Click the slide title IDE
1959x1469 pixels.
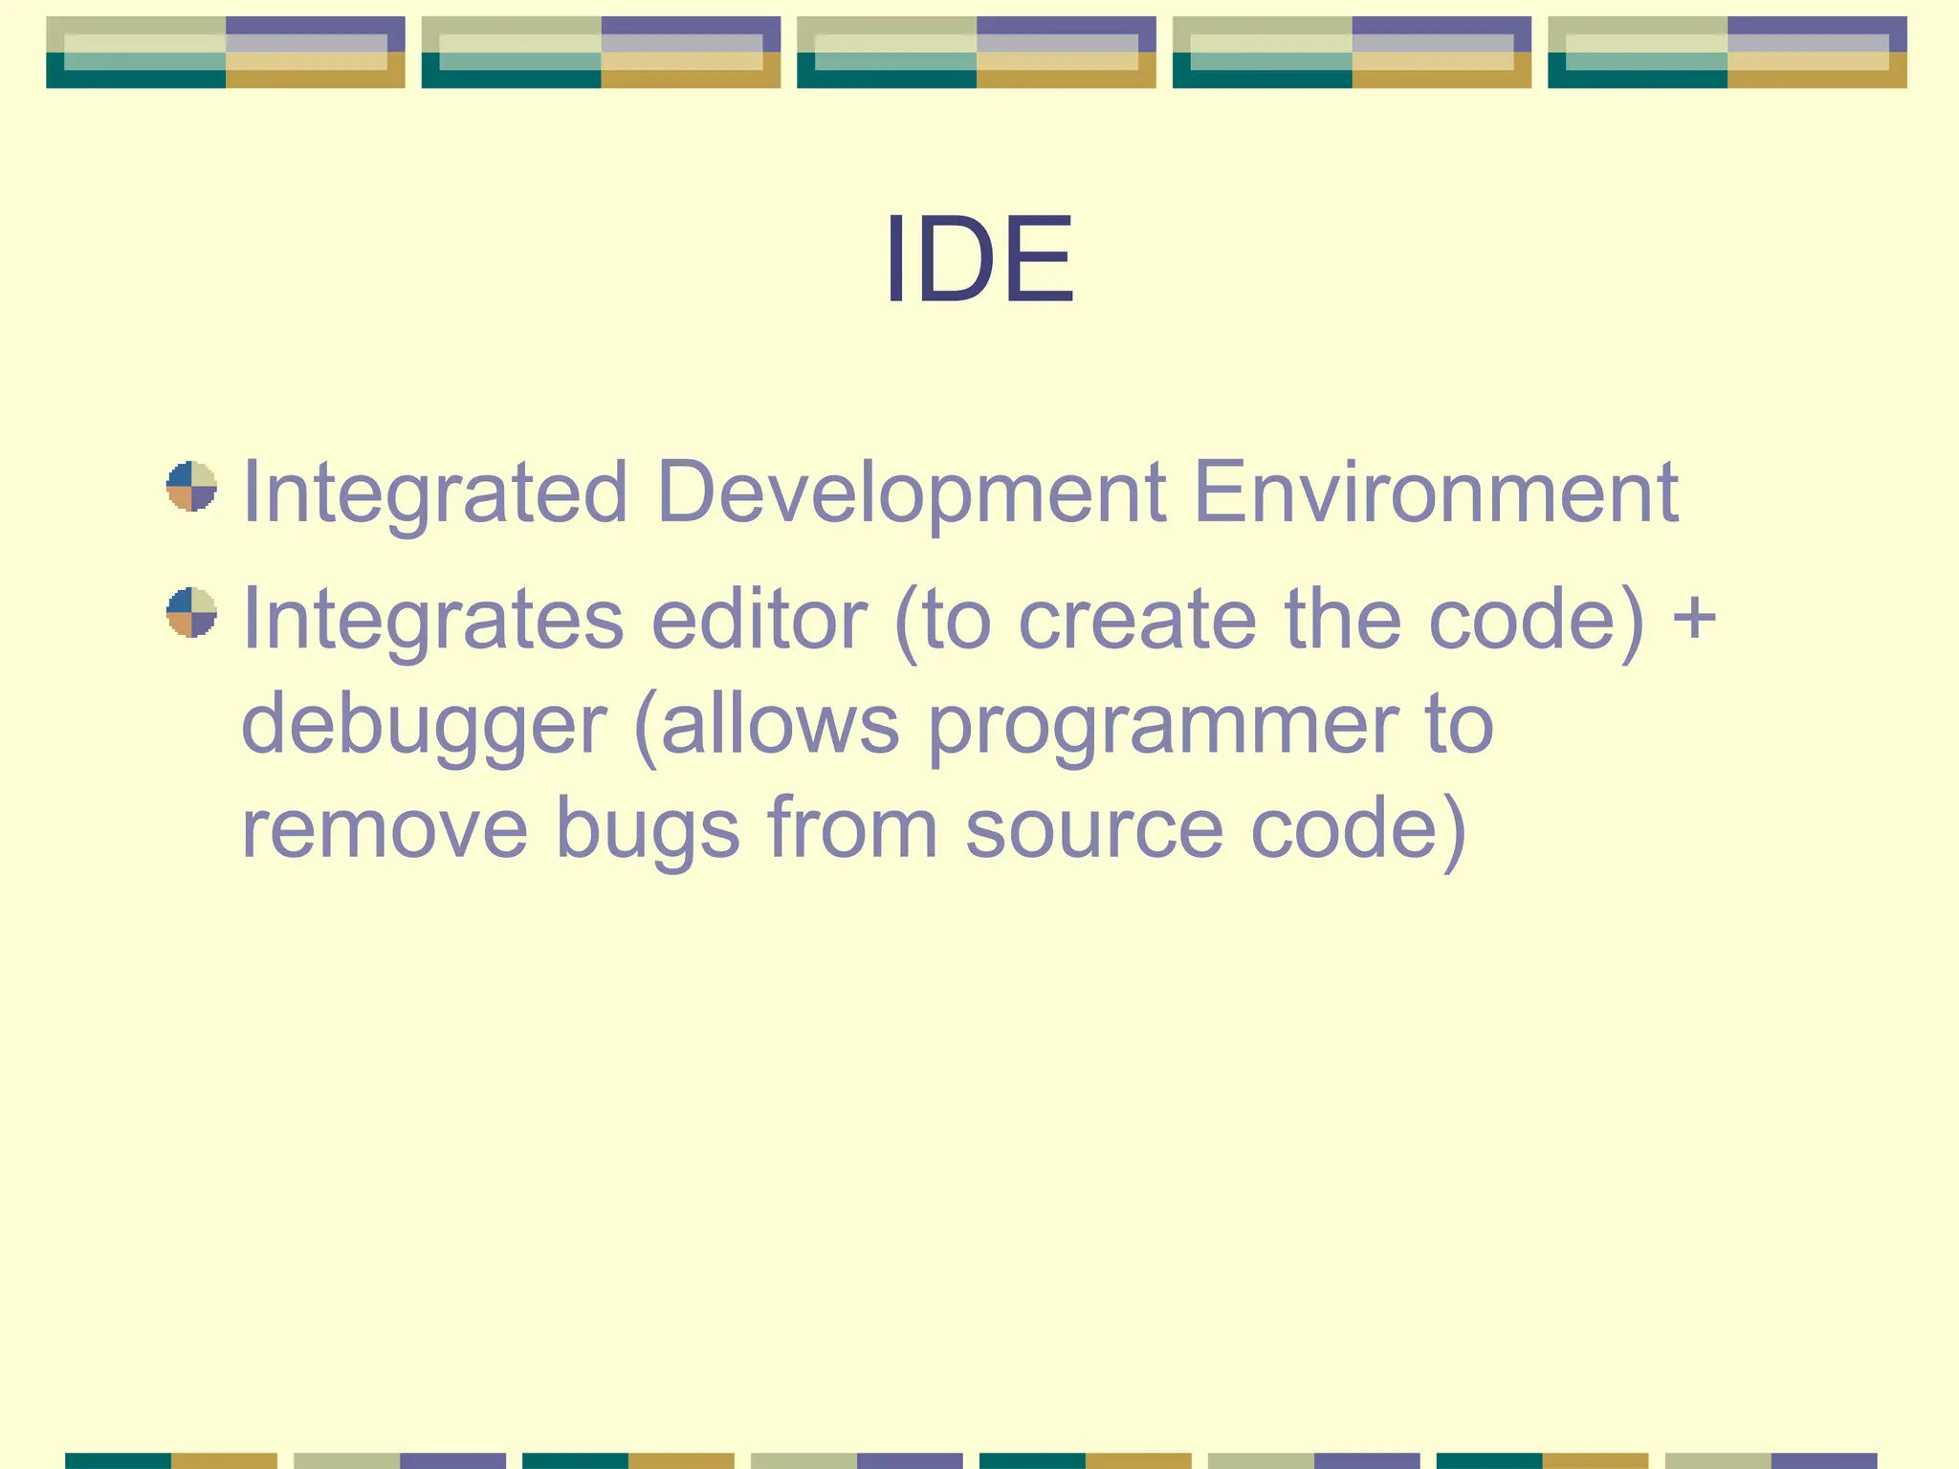[979, 260]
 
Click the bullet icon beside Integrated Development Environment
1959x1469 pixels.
[191, 487]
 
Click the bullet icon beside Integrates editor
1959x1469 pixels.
[191, 612]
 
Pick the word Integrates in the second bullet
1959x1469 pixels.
[432, 620]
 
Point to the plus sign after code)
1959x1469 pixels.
[1694, 618]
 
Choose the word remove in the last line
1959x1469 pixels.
[384, 828]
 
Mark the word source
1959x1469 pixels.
[1094, 828]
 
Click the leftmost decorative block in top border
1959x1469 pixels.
[226, 53]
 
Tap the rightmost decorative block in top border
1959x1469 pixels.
[1727, 53]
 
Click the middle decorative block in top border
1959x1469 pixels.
[976, 53]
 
